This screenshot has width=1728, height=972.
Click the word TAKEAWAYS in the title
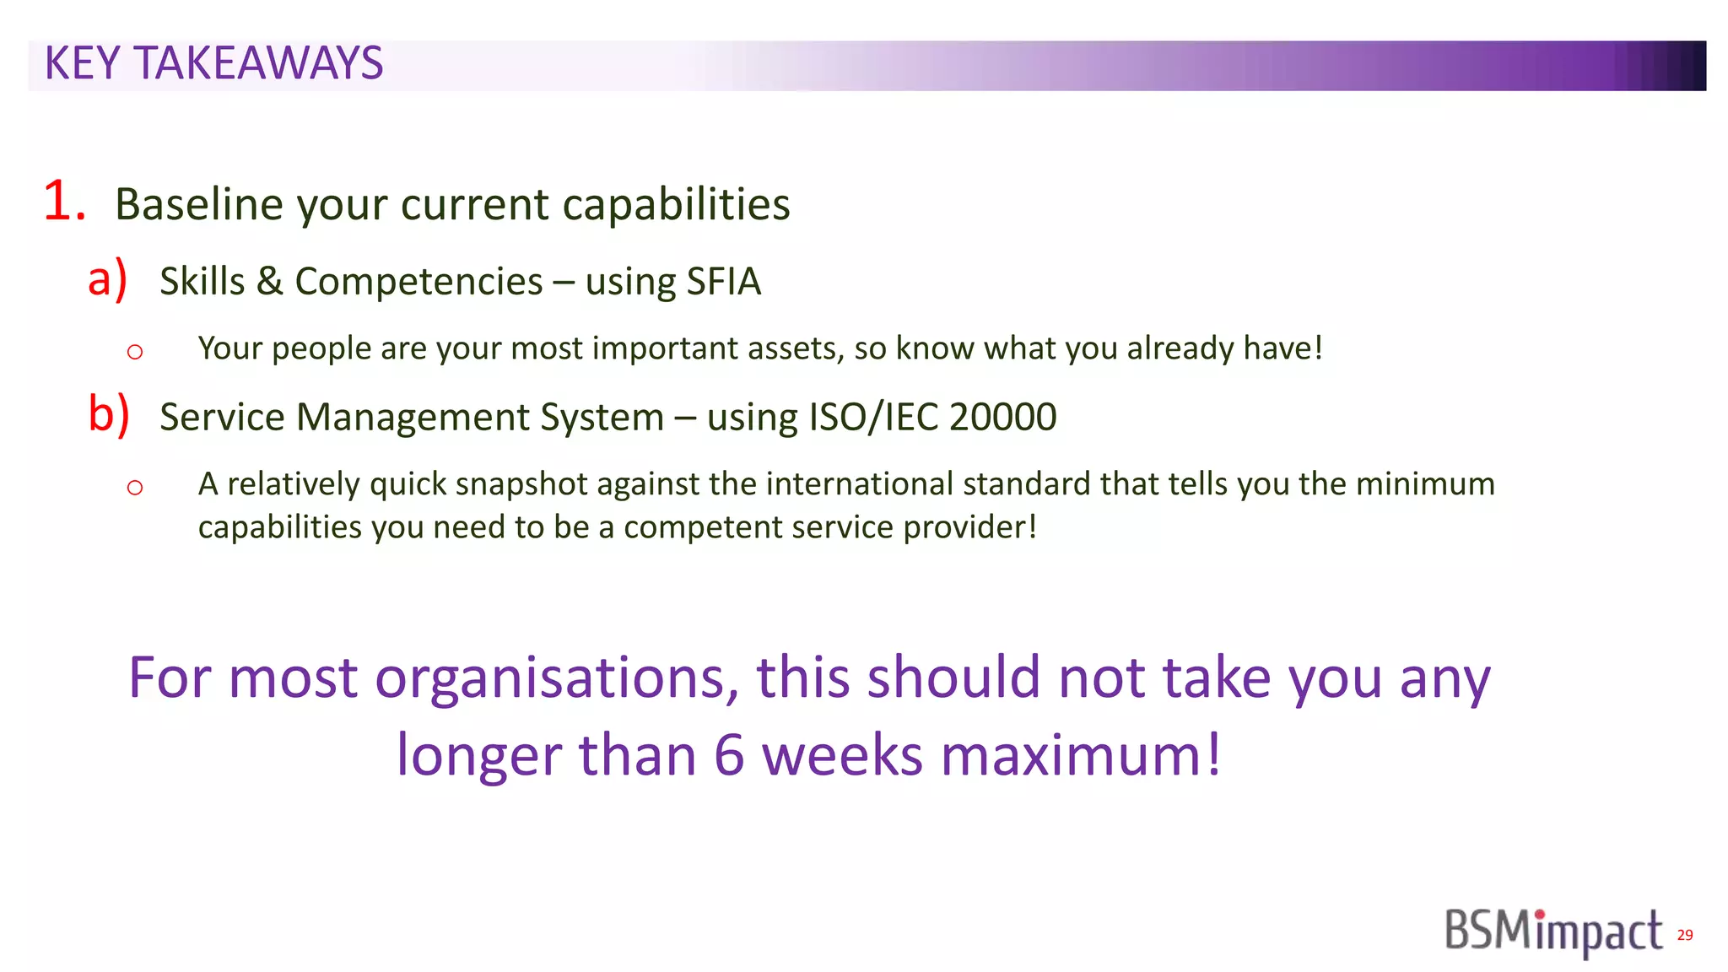(x=259, y=64)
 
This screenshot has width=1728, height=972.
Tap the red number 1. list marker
(x=64, y=202)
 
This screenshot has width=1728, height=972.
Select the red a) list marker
(x=107, y=279)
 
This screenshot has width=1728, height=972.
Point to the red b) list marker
(x=109, y=414)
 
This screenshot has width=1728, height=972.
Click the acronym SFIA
(x=723, y=282)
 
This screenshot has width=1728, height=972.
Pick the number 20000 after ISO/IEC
(x=1002, y=417)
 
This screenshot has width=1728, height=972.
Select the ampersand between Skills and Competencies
(x=269, y=282)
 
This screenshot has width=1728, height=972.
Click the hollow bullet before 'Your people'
(x=135, y=351)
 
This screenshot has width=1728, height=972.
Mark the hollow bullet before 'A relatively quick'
(x=135, y=487)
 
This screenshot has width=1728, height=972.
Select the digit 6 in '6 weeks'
(x=729, y=755)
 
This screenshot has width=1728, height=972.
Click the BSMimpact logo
(x=1553, y=932)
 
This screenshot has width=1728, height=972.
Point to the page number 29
(x=1685, y=935)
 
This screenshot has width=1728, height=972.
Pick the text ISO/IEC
(x=873, y=417)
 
